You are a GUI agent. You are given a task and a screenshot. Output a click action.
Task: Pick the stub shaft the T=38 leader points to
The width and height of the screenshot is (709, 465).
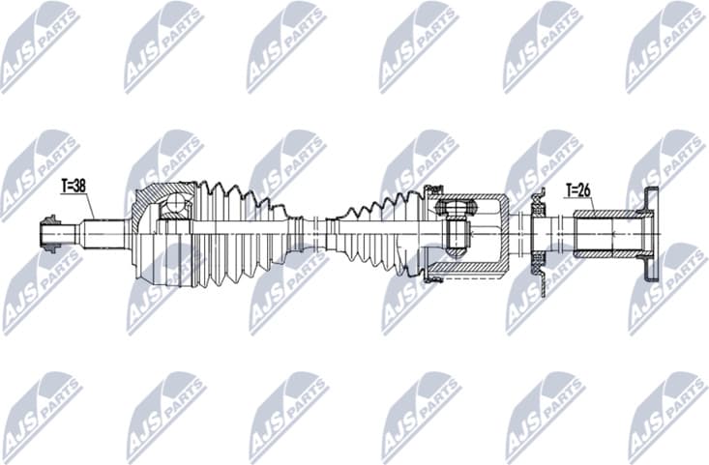coord(102,233)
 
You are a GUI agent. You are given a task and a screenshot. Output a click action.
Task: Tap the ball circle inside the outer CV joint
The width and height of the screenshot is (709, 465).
coord(177,205)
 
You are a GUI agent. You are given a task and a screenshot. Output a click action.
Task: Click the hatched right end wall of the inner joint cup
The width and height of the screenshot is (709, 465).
coord(503,232)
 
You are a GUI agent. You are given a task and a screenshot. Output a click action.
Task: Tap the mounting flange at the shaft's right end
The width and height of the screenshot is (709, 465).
coord(652,232)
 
